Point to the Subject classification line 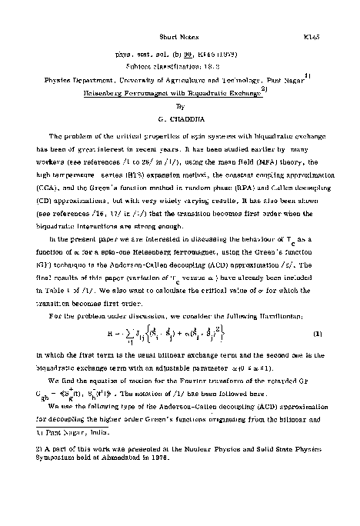(x=179, y=66)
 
